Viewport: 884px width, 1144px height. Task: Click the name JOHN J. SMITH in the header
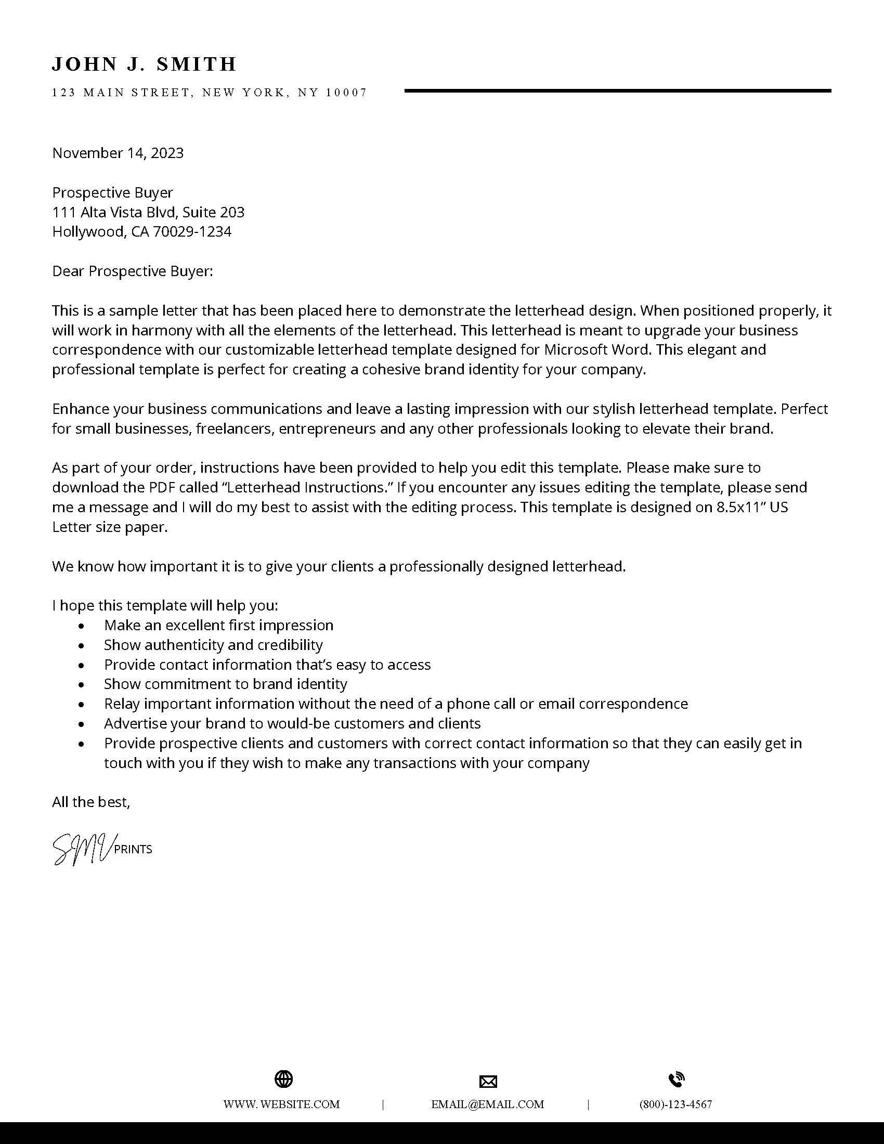point(144,64)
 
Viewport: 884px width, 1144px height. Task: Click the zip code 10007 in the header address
point(346,93)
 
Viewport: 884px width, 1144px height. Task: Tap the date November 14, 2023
point(118,153)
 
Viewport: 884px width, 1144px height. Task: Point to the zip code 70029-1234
point(192,231)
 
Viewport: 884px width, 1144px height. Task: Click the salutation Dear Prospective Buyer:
point(133,271)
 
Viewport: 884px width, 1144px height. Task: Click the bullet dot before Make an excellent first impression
point(81,626)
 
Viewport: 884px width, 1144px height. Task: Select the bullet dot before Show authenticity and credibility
point(81,646)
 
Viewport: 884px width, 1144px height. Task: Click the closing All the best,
point(91,802)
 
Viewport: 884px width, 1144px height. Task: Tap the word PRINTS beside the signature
point(133,850)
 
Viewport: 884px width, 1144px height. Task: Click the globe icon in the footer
point(284,1078)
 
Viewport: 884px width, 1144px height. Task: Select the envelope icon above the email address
point(488,1081)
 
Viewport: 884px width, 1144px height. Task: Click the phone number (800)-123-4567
point(675,1104)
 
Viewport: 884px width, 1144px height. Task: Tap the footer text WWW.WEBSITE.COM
point(282,1104)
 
